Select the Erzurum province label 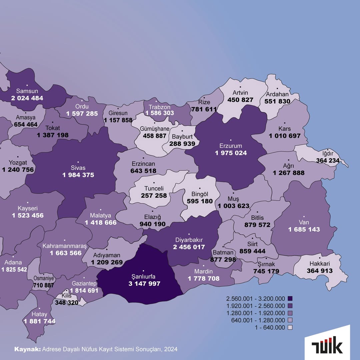coord(231,146)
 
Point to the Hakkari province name coord(320,264)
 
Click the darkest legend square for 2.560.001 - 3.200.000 coord(290,298)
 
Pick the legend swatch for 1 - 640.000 coord(290,328)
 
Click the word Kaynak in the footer coord(27,349)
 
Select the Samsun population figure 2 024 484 coord(27,98)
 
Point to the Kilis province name coord(67,296)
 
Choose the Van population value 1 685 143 coord(304,229)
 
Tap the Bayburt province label coord(181,137)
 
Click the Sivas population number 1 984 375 coord(78,175)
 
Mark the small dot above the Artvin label coord(240,87)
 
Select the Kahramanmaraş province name coord(64,246)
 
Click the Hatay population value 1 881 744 coord(39,321)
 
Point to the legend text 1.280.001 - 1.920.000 coord(256,313)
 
